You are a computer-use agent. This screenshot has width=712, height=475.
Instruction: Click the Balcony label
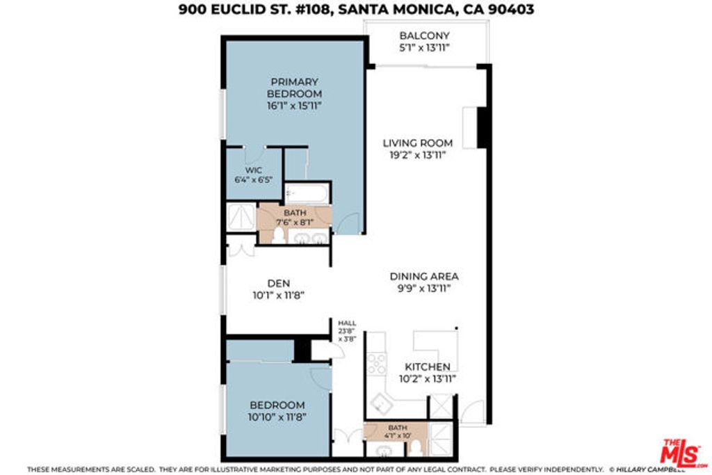coord(424,35)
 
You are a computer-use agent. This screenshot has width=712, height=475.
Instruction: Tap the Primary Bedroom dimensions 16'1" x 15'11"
coord(295,106)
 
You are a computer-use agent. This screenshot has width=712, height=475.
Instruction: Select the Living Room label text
coord(417,143)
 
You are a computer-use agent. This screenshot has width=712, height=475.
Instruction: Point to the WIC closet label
coord(252,169)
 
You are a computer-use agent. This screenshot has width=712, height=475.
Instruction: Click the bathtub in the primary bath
coord(307,193)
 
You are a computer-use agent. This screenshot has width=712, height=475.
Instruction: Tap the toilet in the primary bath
coord(279,236)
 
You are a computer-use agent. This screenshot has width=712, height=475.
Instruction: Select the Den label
coord(278,283)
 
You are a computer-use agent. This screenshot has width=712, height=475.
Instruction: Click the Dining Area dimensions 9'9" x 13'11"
coord(423,288)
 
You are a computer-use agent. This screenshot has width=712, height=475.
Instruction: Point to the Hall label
coord(346,323)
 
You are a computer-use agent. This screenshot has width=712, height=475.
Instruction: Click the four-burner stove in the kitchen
coord(377,363)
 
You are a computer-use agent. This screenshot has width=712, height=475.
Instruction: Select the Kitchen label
coord(428,367)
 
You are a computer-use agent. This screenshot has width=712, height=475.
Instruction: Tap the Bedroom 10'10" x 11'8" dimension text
coord(277,417)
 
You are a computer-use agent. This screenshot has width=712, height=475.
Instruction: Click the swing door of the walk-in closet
coord(256,152)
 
